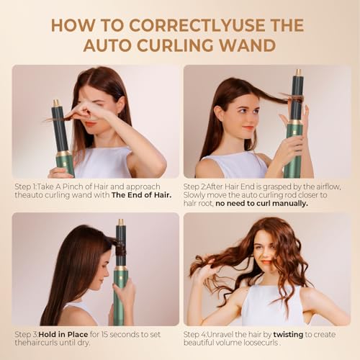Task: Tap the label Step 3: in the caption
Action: click(x=28, y=335)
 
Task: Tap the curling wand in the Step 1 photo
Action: click(x=60, y=137)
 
